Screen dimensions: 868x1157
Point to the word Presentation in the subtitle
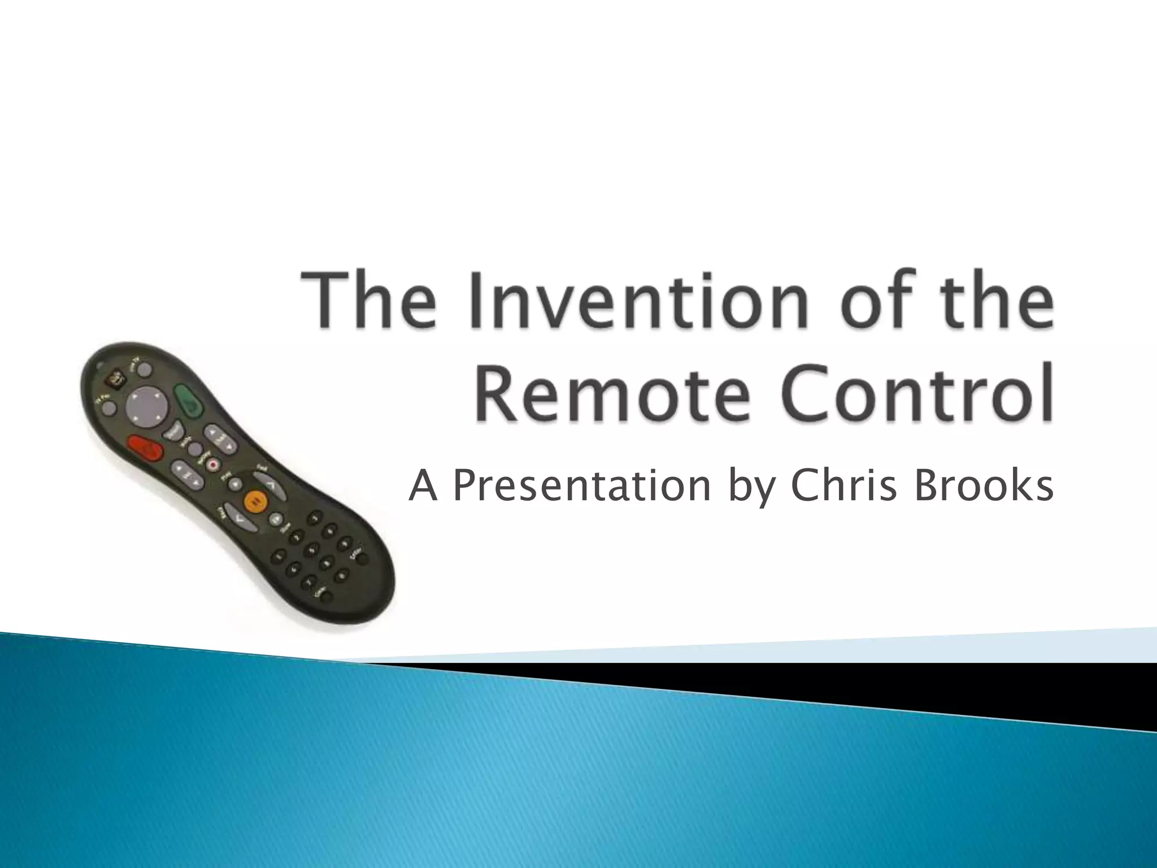[581, 486]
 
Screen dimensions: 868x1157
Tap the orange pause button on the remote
[254, 501]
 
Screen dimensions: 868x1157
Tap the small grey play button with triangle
[235, 483]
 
